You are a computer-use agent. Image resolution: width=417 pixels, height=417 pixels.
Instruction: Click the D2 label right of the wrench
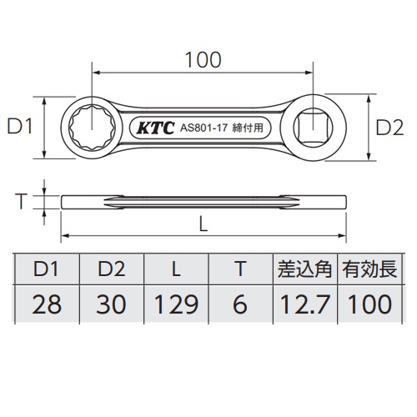tap(390, 128)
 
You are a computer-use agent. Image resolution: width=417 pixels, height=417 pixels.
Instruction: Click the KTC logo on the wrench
tap(153, 130)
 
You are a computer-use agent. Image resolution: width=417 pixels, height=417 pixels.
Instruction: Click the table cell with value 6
tap(239, 304)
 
